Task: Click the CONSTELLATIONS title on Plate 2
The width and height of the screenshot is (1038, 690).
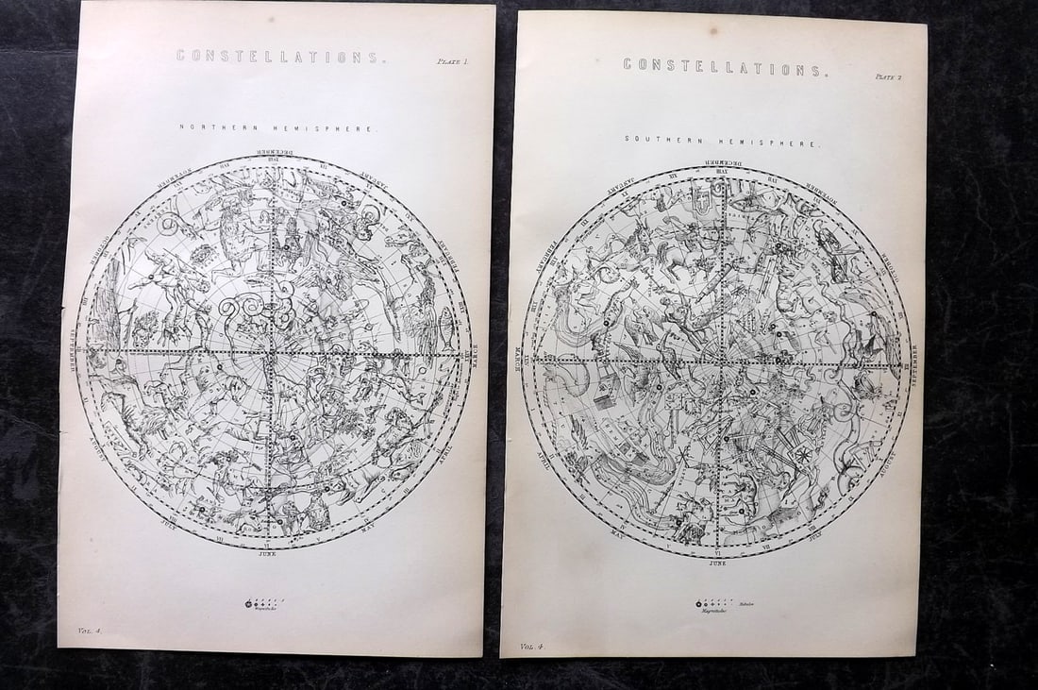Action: coord(725,66)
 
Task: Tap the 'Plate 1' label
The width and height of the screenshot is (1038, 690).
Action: coord(452,61)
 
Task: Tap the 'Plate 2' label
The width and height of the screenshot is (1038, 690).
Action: coord(889,77)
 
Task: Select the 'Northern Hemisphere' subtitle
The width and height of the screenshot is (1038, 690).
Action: coord(278,127)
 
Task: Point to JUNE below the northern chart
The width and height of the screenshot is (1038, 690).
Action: coord(269,556)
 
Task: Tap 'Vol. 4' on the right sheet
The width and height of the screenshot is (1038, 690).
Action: coord(534,647)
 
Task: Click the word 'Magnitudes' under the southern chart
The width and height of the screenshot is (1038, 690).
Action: coord(710,611)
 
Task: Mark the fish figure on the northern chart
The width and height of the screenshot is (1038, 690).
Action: coord(444,338)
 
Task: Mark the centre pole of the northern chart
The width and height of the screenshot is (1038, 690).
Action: coord(272,352)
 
